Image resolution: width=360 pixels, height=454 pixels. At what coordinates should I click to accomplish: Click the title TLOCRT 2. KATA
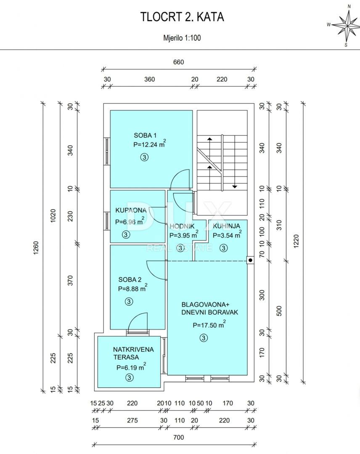[x=182, y=17]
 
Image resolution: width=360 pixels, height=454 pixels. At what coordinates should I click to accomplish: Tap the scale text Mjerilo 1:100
[x=182, y=38]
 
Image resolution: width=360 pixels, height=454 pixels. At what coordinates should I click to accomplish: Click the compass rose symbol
[x=346, y=25]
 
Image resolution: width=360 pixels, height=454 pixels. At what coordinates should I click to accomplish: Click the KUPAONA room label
[x=131, y=210]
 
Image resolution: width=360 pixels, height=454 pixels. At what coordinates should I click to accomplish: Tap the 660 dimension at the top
[x=179, y=62]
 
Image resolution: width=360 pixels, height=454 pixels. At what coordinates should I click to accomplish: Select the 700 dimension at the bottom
[x=179, y=438]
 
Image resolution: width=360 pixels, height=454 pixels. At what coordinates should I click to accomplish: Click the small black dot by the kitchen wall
[x=250, y=260]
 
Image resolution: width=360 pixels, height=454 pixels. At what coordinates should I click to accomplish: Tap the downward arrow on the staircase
[x=234, y=186]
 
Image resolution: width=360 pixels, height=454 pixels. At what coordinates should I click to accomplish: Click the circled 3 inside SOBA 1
[x=144, y=157]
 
